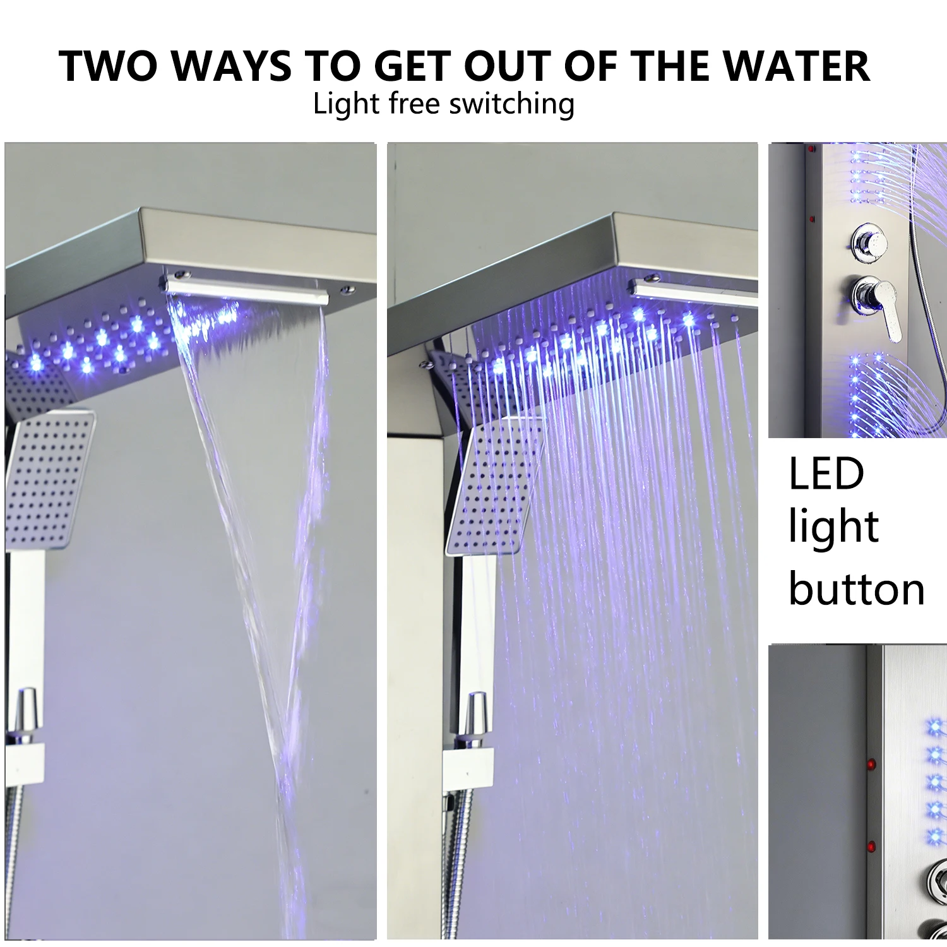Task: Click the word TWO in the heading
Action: click(107, 66)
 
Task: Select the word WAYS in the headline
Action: click(232, 66)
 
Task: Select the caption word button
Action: click(857, 588)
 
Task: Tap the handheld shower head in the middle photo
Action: click(495, 485)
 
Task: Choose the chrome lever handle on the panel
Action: click(878, 301)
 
